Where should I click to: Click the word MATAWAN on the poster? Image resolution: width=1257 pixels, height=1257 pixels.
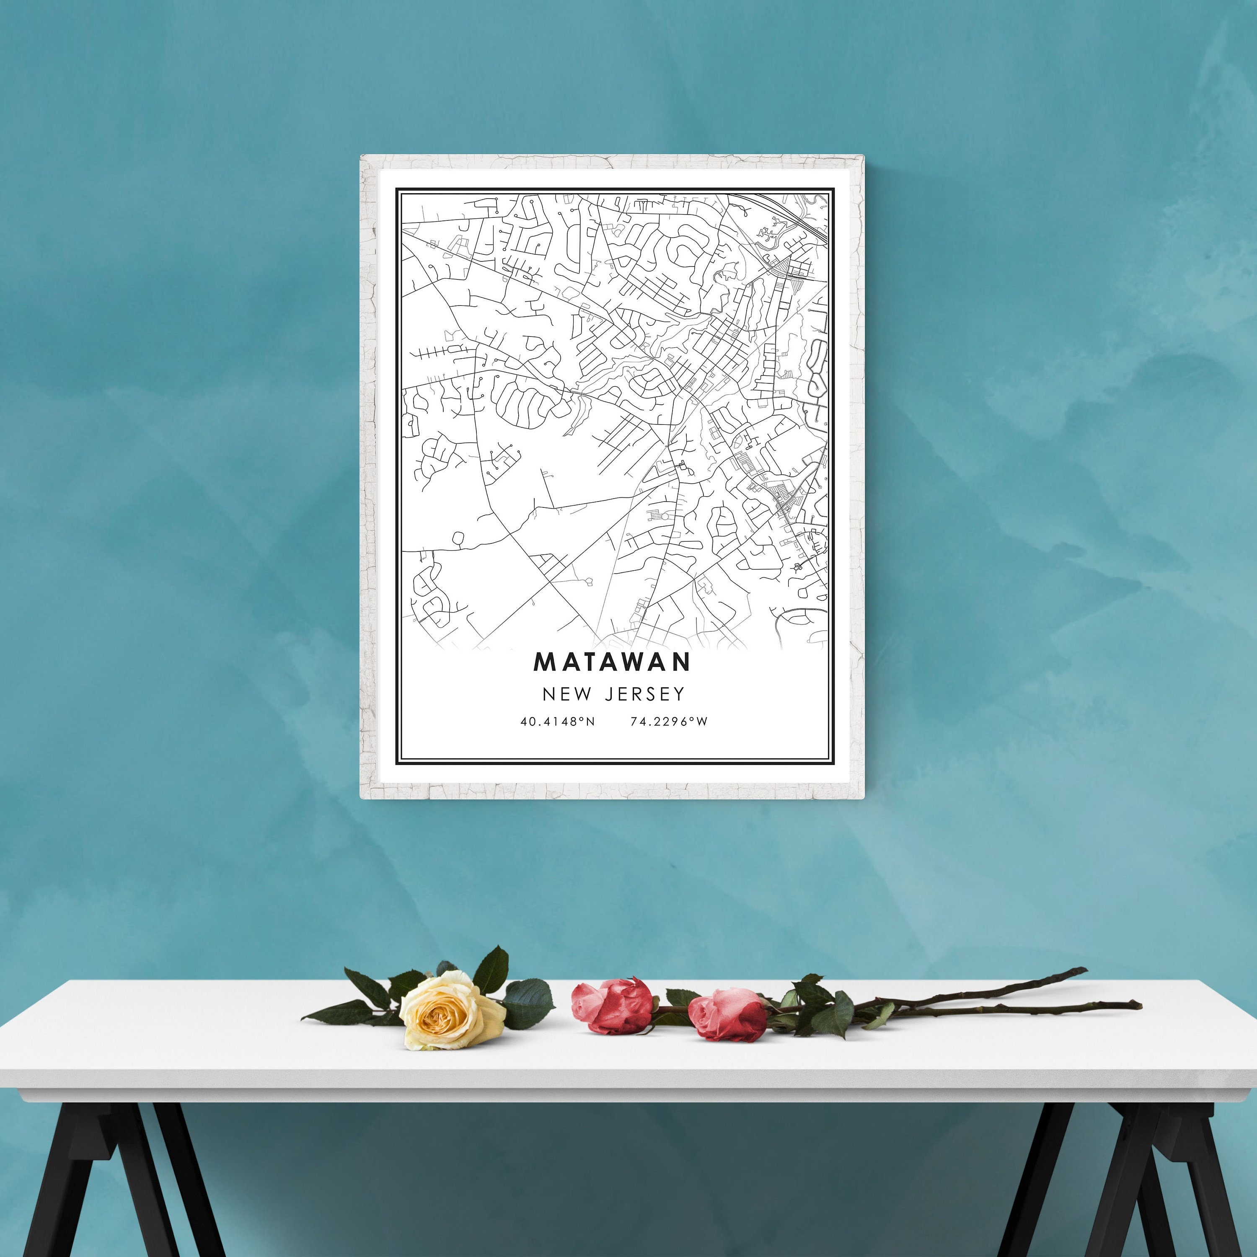pos(612,662)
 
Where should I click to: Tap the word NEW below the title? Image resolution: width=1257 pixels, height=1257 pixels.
pos(567,694)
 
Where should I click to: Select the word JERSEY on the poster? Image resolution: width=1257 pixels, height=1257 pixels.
pos(645,694)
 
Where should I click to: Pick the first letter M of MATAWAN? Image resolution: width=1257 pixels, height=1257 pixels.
pos(544,662)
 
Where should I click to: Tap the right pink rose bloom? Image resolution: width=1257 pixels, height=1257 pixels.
pos(729,1015)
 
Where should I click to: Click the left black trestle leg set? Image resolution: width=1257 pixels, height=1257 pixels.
pos(124,1178)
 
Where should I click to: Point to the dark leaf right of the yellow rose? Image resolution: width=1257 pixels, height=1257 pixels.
pos(528,1004)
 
